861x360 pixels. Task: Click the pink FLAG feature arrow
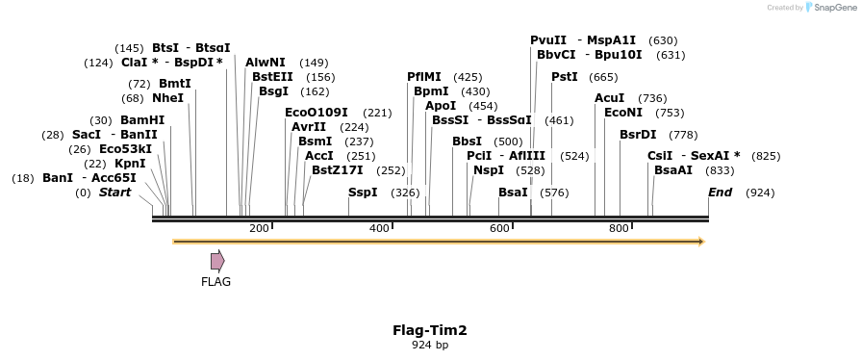[217, 260]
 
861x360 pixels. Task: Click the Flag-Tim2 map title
[429, 330]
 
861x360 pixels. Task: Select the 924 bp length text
[429, 345]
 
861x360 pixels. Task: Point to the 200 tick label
[259, 228]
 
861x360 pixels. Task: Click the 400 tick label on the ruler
[379, 228]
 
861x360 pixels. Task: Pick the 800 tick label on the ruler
[619, 228]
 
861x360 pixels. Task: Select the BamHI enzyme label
[142, 120]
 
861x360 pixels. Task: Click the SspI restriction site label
[363, 193]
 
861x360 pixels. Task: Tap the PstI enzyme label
[565, 77]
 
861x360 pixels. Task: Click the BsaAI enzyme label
[673, 170]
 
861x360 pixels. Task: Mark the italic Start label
[114, 193]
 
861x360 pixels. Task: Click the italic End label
[720, 193]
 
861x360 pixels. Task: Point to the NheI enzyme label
[167, 98]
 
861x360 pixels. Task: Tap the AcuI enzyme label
[610, 98]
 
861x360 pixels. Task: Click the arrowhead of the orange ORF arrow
[700, 241]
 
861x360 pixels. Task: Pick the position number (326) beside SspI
[405, 193]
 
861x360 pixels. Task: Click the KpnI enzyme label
[130, 164]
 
